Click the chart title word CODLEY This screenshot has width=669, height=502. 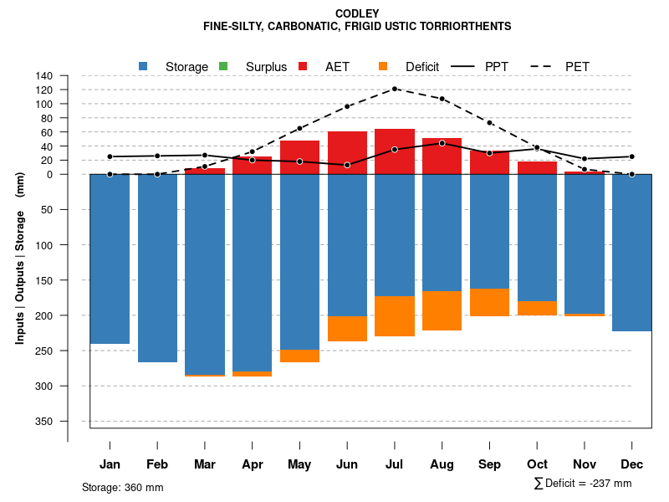pyautogui.click(x=357, y=13)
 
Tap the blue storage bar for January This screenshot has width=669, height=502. pyautogui.click(x=110, y=259)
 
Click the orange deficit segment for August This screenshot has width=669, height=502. pyautogui.click(x=442, y=310)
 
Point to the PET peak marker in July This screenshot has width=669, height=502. pyautogui.click(x=395, y=89)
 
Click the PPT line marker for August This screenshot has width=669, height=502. pyautogui.click(x=442, y=143)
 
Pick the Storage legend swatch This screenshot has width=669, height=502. pyautogui.click(x=144, y=66)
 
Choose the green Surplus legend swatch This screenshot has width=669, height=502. pyautogui.click(x=223, y=66)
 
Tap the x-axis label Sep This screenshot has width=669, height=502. pyautogui.click(x=489, y=464)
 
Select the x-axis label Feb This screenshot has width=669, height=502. pyautogui.click(x=157, y=464)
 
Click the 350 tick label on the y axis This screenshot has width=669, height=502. pyautogui.click(x=44, y=421)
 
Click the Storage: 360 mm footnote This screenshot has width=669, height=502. pyautogui.click(x=123, y=487)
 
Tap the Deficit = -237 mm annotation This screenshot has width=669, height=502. pyautogui.click(x=583, y=484)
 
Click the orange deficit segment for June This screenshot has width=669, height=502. pyautogui.click(x=347, y=328)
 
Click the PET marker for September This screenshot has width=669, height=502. pyautogui.click(x=489, y=123)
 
